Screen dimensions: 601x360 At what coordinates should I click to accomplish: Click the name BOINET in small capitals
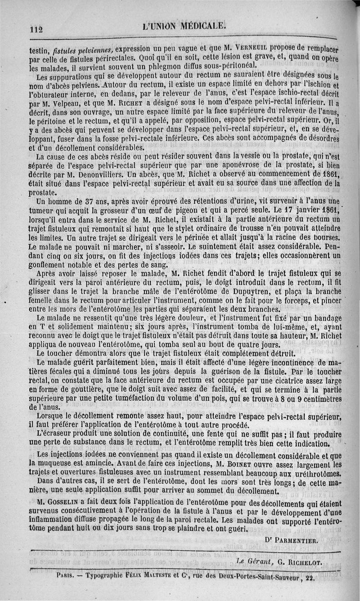(x=236, y=464)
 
